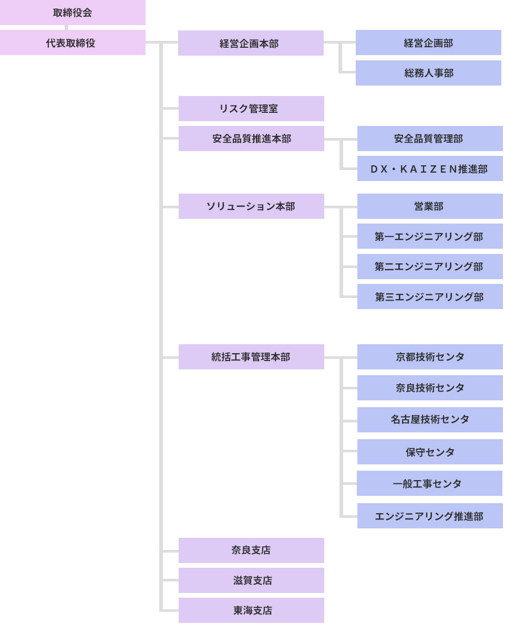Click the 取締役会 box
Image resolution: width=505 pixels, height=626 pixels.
pyautogui.click(x=73, y=13)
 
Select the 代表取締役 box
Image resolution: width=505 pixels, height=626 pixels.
pyautogui.click(x=73, y=43)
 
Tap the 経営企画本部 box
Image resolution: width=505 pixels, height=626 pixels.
pyautogui.click(x=251, y=43)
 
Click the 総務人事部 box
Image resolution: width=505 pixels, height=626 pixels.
pyautogui.click(x=428, y=73)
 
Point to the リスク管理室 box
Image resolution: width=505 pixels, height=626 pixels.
pyautogui.click(x=251, y=109)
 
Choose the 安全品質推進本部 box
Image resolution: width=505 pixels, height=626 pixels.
pyautogui.click(x=251, y=139)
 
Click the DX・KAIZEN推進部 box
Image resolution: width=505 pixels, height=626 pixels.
pyautogui.click(x=430, y=168)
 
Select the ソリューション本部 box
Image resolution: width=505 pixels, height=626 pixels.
pyautogui.click(x=251, y=206)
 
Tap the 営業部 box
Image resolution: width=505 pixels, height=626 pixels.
pyautogui.click(x=430, y=206)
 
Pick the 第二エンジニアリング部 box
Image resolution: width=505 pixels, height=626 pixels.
pyautogui.click(x=430, y=267)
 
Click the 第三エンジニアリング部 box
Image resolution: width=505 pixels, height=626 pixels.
pyautogui.click(x=430, y=296)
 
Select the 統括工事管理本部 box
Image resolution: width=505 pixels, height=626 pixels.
pyautogui.click(x=251, y=357)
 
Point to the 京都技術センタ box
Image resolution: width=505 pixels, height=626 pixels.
pyautogui.click(x=430, y=357)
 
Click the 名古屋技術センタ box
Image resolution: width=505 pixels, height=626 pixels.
pyautogui.click(x=430, y=420)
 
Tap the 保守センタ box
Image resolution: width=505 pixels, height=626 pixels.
pyautogui.click(x=430, y=452)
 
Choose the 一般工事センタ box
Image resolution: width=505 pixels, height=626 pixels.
pyautogui.click(x=429, y=483)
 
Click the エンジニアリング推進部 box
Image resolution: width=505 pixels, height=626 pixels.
pyautogui.click(x=430, y=516)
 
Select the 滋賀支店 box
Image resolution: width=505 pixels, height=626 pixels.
pyautogui.click(x=251, y=580)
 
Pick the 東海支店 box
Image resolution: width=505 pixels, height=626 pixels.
pyautogui.click(x=251, y=610)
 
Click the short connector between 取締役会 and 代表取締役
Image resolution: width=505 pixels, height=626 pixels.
pyautogui.click(x=66, y=27)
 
